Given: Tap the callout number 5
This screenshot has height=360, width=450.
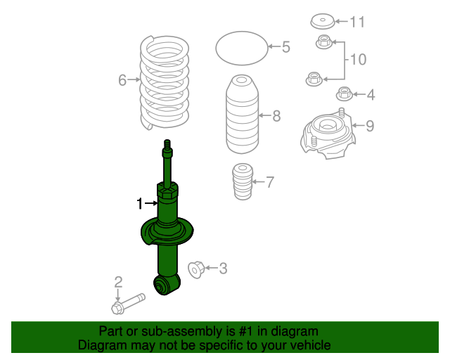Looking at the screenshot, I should (x=285, y=47).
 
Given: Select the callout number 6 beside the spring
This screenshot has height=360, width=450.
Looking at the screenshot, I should (x=122, y=81).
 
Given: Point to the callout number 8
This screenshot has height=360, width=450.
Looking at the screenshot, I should (x=276, y=115).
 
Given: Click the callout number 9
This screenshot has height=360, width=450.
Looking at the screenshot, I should (x=369, y=127).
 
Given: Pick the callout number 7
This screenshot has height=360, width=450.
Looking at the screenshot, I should (x=270, y=182).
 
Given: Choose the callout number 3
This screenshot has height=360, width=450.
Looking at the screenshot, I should (x=223, y=268).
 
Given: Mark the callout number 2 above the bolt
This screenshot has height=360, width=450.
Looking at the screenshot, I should (x=118, y=282).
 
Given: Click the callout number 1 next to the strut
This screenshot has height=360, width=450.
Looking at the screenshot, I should (x=140, y=203).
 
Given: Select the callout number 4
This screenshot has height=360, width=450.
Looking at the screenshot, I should (x=370, y=94).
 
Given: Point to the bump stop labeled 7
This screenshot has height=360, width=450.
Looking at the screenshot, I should (x=241, y=182).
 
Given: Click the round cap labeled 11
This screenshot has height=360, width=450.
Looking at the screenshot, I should (x=323, y=21).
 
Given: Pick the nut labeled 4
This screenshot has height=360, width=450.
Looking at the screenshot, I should (x=344, y=93).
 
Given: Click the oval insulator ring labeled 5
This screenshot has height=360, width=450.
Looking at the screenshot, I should (x=241, y=48).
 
